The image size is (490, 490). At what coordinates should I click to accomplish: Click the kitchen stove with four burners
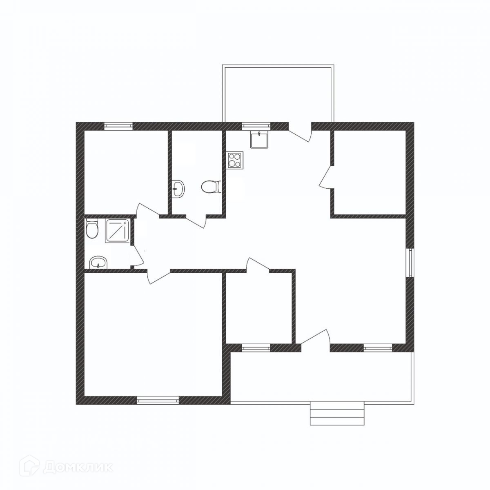click(x=235, y=159)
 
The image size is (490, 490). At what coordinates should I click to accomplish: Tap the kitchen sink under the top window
click(x=259, y=139)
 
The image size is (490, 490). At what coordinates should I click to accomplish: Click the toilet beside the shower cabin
click(x=92, y=229)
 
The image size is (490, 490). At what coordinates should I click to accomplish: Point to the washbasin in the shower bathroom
click(x=98, y=262)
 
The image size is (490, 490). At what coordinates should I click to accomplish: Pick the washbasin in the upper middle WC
click(x=178, y=189)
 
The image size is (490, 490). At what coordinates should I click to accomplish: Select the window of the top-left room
click(x=118, y=126)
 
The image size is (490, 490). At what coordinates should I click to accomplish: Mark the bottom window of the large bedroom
click(x=158, y=400)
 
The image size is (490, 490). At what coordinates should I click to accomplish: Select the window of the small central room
click(x=256, y=348)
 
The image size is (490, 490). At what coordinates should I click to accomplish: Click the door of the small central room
click(x=257, y=265)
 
